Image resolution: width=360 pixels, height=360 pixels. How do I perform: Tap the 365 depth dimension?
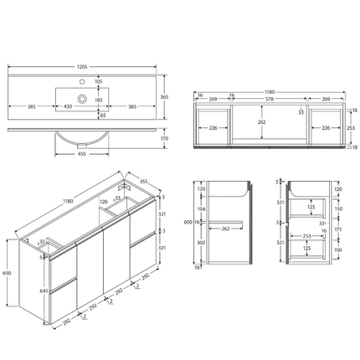point(167,97)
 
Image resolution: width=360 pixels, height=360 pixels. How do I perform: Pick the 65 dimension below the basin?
point(102,115)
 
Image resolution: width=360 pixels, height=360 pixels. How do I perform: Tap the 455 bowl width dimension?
point(81,154)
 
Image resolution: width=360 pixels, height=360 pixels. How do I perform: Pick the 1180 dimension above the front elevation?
point(270,82)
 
